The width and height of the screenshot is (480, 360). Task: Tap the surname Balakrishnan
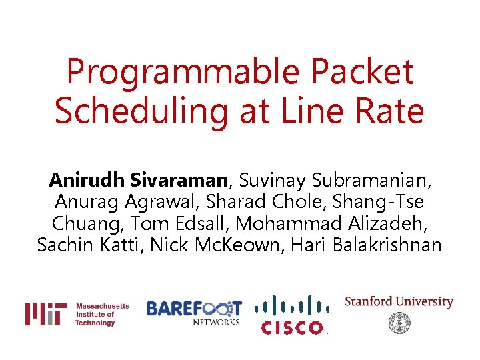(x=384, y=245)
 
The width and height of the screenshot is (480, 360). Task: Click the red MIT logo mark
(x=45, y=314)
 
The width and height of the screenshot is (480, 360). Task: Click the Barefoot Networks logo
(x=194, y=313)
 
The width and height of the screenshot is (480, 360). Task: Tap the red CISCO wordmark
(x=292, y=327)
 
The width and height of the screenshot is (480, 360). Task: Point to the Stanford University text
(x=399, y=302)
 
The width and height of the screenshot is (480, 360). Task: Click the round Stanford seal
(x=399, y=323)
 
